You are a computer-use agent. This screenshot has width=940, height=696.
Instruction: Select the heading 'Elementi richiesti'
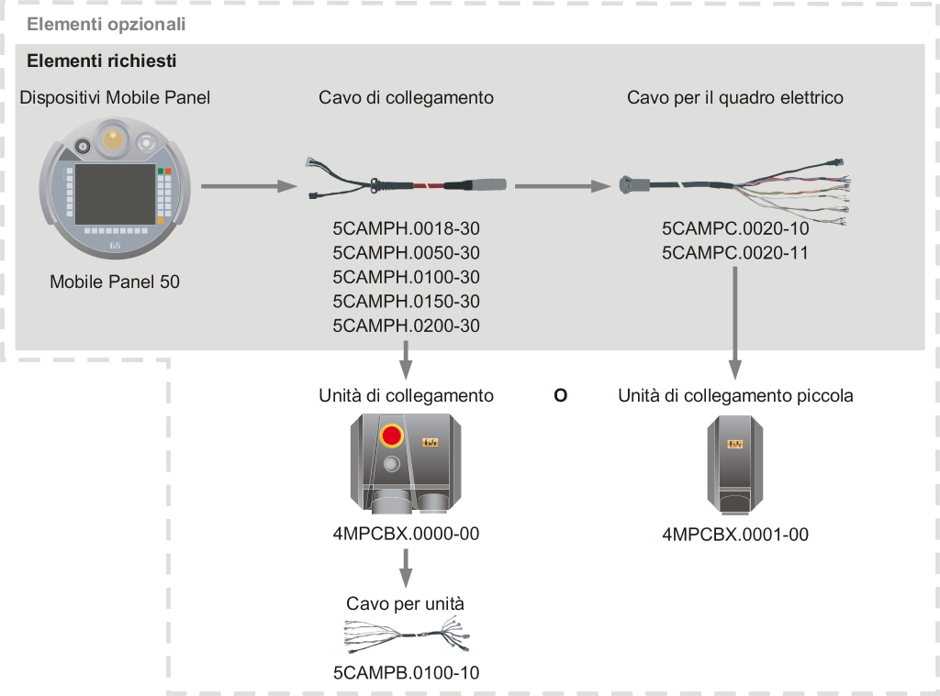(102, 61)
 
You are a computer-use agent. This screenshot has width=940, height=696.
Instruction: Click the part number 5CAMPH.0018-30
(406, 228)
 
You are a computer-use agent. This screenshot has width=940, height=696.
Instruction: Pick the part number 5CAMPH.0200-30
(406, 326)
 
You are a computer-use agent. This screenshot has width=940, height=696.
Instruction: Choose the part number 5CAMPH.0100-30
(406, 277)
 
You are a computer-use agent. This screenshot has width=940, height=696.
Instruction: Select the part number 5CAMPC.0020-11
(734, 252)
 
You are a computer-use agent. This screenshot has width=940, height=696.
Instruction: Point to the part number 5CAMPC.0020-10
(734, 228)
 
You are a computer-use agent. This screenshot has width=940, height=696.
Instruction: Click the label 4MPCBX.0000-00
(406, 534)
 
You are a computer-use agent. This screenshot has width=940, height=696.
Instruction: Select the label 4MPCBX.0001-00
(734, 535)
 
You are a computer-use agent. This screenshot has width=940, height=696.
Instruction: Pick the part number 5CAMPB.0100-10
(406, 673)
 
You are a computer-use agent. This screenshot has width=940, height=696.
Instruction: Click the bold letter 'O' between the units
(561, 396)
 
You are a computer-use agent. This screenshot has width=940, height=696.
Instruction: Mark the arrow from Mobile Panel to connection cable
(249, 187)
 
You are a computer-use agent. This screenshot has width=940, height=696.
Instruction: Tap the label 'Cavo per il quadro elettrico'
(734, 97)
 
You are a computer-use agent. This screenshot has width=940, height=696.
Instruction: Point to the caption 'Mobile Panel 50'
(115, 282)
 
